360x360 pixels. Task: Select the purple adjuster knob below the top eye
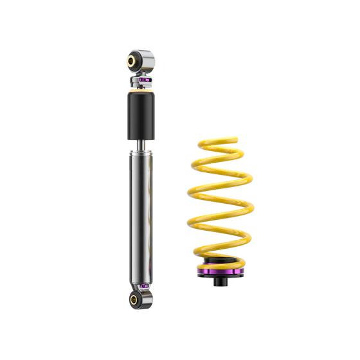(145, 81)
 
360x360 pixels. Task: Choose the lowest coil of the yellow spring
(219, 254)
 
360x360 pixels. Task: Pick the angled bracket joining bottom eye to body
(145, 291)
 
